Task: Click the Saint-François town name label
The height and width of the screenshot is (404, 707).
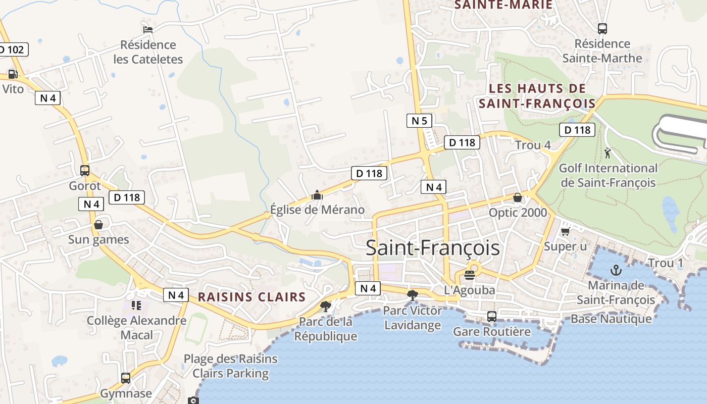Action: [432, 248]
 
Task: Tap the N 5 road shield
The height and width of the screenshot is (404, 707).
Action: [419, 121]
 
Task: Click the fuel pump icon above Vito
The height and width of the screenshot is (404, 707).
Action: [13, 74]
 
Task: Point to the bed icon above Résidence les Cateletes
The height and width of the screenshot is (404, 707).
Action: [148, 29]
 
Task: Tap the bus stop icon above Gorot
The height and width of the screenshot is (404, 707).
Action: [85, 171]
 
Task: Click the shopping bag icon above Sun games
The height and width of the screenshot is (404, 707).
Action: [98, 224]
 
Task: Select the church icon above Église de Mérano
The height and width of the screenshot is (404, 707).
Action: [317, 194]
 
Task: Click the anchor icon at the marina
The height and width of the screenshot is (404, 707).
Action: [616, 270]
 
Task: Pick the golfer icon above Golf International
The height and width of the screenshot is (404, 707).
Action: [608, 153]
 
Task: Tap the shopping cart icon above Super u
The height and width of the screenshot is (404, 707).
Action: [566, 231]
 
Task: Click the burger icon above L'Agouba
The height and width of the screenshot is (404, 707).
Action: [470, 275]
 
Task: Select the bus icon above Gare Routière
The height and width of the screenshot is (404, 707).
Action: [491, 317]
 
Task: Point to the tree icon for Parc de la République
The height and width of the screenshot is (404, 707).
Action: [326, 306]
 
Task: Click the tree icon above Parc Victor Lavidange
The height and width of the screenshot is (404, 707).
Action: [413, 295]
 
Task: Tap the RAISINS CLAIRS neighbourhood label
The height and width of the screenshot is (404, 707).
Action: [251, 297]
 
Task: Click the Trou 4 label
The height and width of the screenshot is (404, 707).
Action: [533, 145]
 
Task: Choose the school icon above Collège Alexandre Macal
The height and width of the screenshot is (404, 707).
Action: [136, 305]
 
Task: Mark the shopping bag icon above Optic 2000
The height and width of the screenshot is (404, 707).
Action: [517, 197]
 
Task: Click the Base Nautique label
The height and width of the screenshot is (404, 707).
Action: [611, 319]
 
